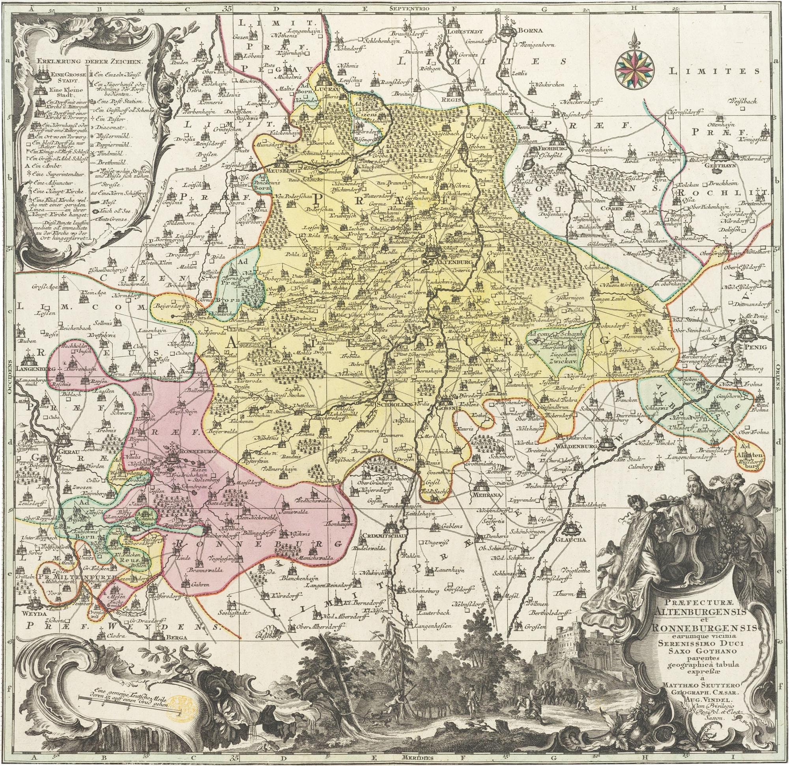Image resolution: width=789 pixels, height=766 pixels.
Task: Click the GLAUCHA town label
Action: click(x=571, y=540)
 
